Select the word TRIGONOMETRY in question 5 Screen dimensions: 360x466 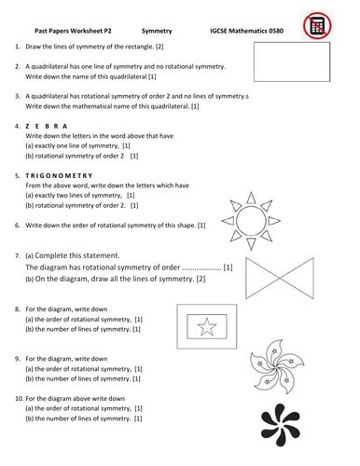coord(61,174)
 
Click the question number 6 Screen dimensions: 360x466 coord(19,225)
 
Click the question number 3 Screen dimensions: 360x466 coord(19,96)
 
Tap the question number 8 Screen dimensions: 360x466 coord(19,308)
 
